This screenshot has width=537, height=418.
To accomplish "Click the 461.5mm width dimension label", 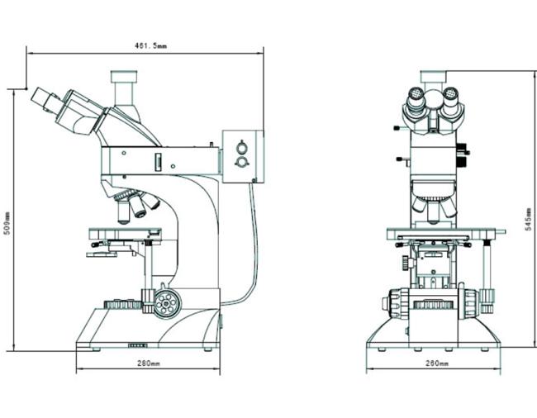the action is pyautogui.click(x=150, y=45).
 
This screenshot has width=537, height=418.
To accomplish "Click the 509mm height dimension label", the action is pyautogui.click(x=7, y=224).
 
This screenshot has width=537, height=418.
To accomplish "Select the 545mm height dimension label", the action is pyautogui.click(x=529, y=220).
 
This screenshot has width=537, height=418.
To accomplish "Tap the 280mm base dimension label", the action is pyautogui.click(x=149, y=363).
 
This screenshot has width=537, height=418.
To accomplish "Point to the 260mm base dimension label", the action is pyautogui.click(x=437, y=363).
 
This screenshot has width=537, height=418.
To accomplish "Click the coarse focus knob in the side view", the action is pyautogui.click(x=167, y=303).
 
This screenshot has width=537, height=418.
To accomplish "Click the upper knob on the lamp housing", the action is pyautogui.click(x=242, y=148).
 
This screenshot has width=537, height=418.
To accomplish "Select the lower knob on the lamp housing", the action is pyautogui.click(x=242, y=162).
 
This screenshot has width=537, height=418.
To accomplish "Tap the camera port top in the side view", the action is pyautogui.click(x=124, y=76).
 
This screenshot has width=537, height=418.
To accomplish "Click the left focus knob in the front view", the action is pyautogui.click(x=396, y=303).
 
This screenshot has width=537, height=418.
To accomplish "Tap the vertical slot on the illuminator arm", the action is pyautogui.click(x=159, y=162).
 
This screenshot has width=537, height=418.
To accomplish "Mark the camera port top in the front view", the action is pyautogui.click(x=434, y=76).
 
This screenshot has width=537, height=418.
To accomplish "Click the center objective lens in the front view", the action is pyautogui.click(x=434, y=213).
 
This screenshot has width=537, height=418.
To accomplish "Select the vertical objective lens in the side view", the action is pyautogui.click(x=123, y=212).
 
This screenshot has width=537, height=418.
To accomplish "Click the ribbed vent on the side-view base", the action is pyautogui.click(x=138, y=345).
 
